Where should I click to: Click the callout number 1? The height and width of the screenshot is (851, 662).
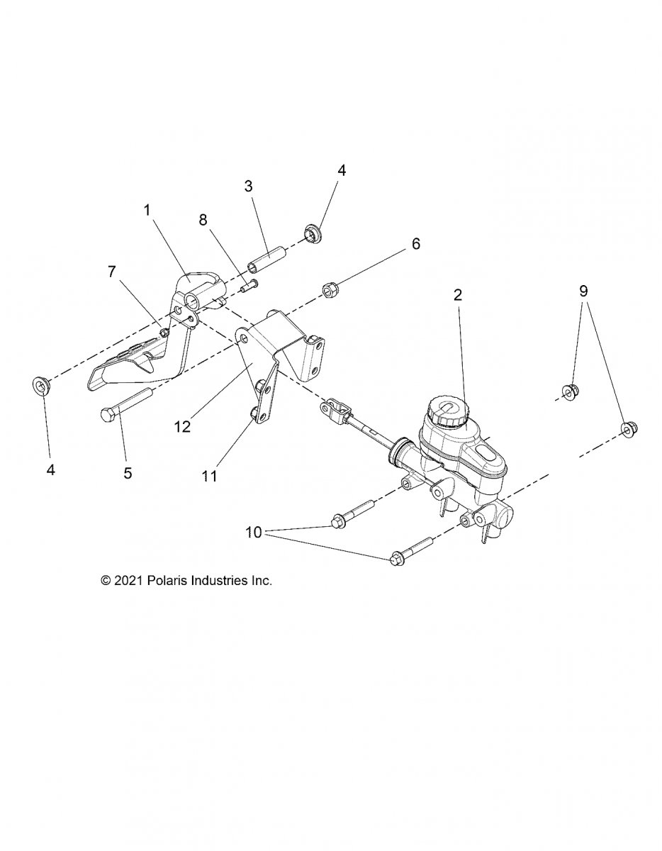point(147,210)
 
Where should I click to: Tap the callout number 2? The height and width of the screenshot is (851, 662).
point(458,295)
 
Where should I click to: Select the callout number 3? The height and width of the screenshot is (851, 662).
point(248,187)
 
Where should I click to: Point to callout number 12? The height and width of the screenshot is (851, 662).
point(182,428)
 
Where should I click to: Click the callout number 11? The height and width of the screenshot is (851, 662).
point(208,476)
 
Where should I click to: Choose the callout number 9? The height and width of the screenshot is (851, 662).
point(583,291)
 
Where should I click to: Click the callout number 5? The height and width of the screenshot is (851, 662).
point(128,473)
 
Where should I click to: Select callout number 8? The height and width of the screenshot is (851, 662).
point(203,220)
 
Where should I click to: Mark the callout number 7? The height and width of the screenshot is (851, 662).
point(111,270)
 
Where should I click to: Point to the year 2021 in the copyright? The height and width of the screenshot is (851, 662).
point(129,580)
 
